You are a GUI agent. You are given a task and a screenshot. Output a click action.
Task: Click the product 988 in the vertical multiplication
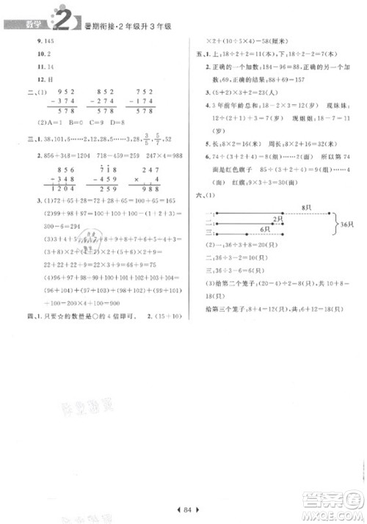[x=150, y=188]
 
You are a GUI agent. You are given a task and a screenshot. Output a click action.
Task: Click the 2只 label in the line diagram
[x=277, y=219]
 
